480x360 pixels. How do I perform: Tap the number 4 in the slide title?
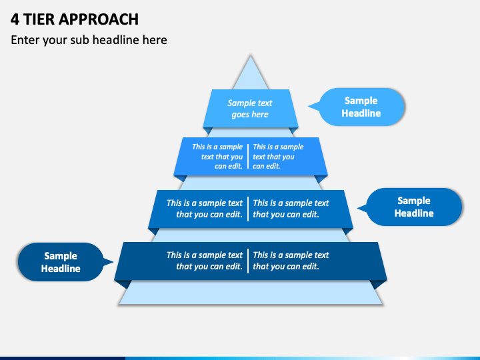tap(15, 19)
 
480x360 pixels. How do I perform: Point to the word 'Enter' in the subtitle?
tap(25, 40)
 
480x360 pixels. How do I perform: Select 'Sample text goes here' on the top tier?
tap(250, 109)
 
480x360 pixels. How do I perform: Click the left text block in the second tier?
tap(217, 157)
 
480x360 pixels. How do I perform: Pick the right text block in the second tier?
tap(278, 157)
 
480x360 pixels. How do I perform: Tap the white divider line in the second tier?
tap(248, 157)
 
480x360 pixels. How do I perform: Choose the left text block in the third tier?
tap(205, 209)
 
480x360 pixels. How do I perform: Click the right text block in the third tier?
tap(291, 209)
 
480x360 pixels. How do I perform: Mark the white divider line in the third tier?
tap(248, 209)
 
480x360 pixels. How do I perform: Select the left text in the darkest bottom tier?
tap(205, 261)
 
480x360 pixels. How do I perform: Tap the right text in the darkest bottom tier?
tap(291, 261)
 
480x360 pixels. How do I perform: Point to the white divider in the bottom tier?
tap(248, 261)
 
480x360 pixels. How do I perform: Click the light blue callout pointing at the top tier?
tap(361, 107)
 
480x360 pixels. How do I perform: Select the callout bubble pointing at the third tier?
tap(414, 207)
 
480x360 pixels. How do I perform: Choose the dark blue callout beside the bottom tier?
tap(61, 262)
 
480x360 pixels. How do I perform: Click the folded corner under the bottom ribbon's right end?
tap(379, 284)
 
